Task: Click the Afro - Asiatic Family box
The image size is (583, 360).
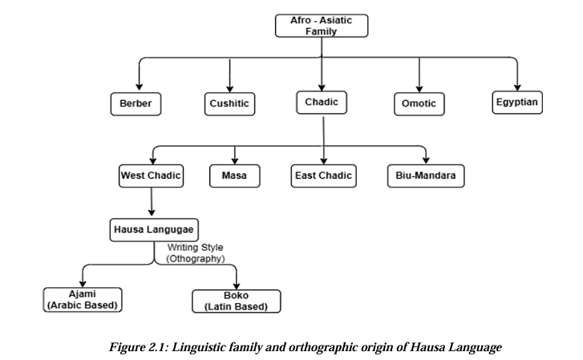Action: click(x=321, y=26)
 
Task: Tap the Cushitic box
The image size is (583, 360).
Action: click(x=230, y=104)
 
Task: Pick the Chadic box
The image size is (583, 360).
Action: click(x=322, y=103)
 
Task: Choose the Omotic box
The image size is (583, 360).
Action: click(x=419, y=104)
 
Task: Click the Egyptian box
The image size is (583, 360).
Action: click(x=517, y=103)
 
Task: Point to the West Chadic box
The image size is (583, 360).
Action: click(x=151, y=175)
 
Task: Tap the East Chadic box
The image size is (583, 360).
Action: click(x=322, y=175)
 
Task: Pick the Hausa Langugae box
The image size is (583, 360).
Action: click(x=152, y=229)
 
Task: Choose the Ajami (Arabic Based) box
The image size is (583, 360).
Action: click(x=84, y=299)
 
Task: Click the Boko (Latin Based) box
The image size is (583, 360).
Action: click(x=236, y=301)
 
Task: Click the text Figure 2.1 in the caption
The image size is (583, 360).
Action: click(x=134, y=346)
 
